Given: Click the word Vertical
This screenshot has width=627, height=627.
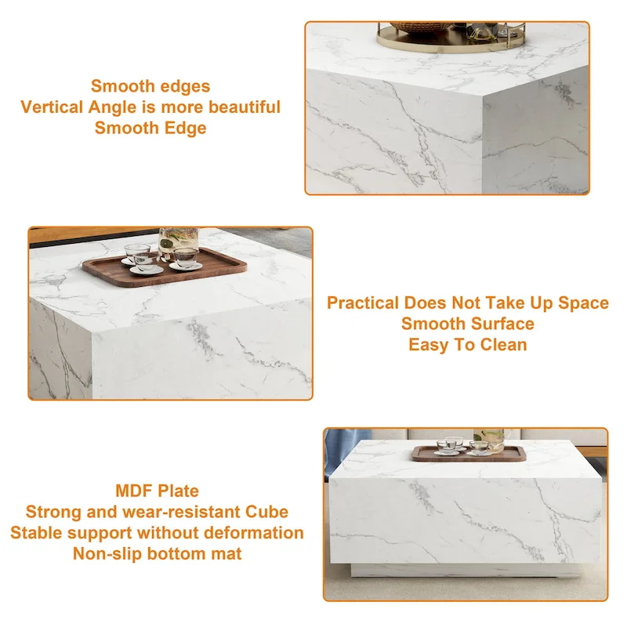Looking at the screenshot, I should click(x=52, y=107).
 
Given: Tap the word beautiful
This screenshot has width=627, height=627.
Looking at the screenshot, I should click(x=242, y=107).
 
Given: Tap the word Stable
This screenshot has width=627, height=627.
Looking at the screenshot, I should click(x=34, y=533).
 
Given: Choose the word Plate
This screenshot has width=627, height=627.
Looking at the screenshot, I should click(x=179, y=491).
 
